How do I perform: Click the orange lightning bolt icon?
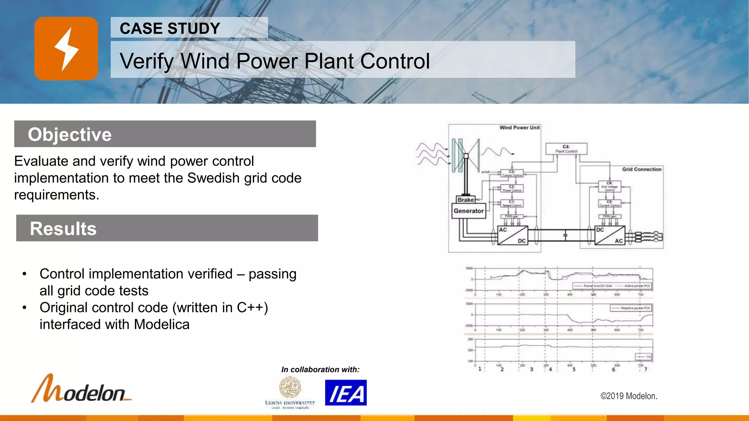pos(66,49)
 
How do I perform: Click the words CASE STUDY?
pos(170,29)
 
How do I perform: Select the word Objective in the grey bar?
pos(69,134)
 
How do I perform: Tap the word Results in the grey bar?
pos(63,229)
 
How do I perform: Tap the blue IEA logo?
pos(346,393)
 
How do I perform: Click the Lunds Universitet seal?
pos(290,387)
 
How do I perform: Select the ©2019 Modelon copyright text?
pos(629,396)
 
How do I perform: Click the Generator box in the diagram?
pos(468,211)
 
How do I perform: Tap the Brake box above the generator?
pos(466,200)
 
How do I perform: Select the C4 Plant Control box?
pos(566,149)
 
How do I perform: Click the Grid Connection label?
pos(642,169)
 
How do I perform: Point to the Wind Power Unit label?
pos(519,128)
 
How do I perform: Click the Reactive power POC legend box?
pos(631,308)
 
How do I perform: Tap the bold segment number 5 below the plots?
pos(574,369)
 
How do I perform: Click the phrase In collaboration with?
pos(320,369)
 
